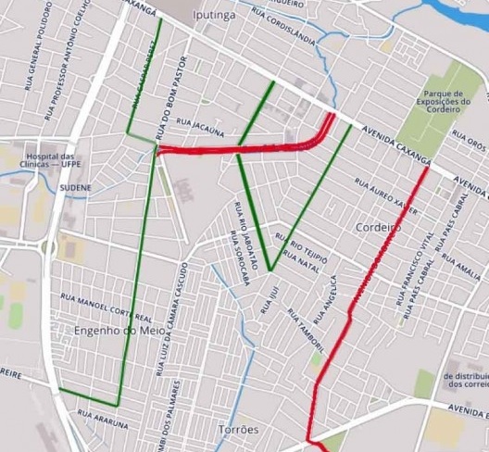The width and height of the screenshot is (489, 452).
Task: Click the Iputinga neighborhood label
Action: tap(213, 16)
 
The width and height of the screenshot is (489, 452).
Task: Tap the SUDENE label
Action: tap(76, 187)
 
